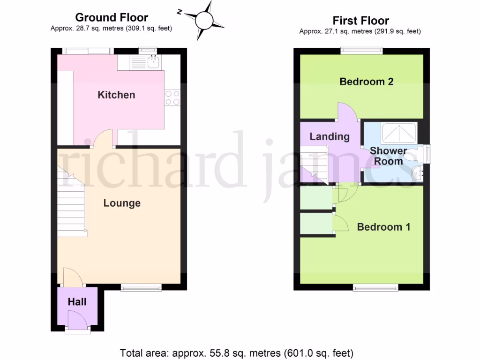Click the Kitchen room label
[116, 95]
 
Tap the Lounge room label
[122, 203]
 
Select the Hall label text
[77, 302]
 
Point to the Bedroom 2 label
[367, 82]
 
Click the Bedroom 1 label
[384, 227]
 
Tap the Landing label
[330, 137]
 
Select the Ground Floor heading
[112, 17]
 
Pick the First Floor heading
[361, 21]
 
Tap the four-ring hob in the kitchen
[172, 97]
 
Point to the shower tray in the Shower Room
[399, 133]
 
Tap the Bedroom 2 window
[361, 50]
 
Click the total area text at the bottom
[237, 352]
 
